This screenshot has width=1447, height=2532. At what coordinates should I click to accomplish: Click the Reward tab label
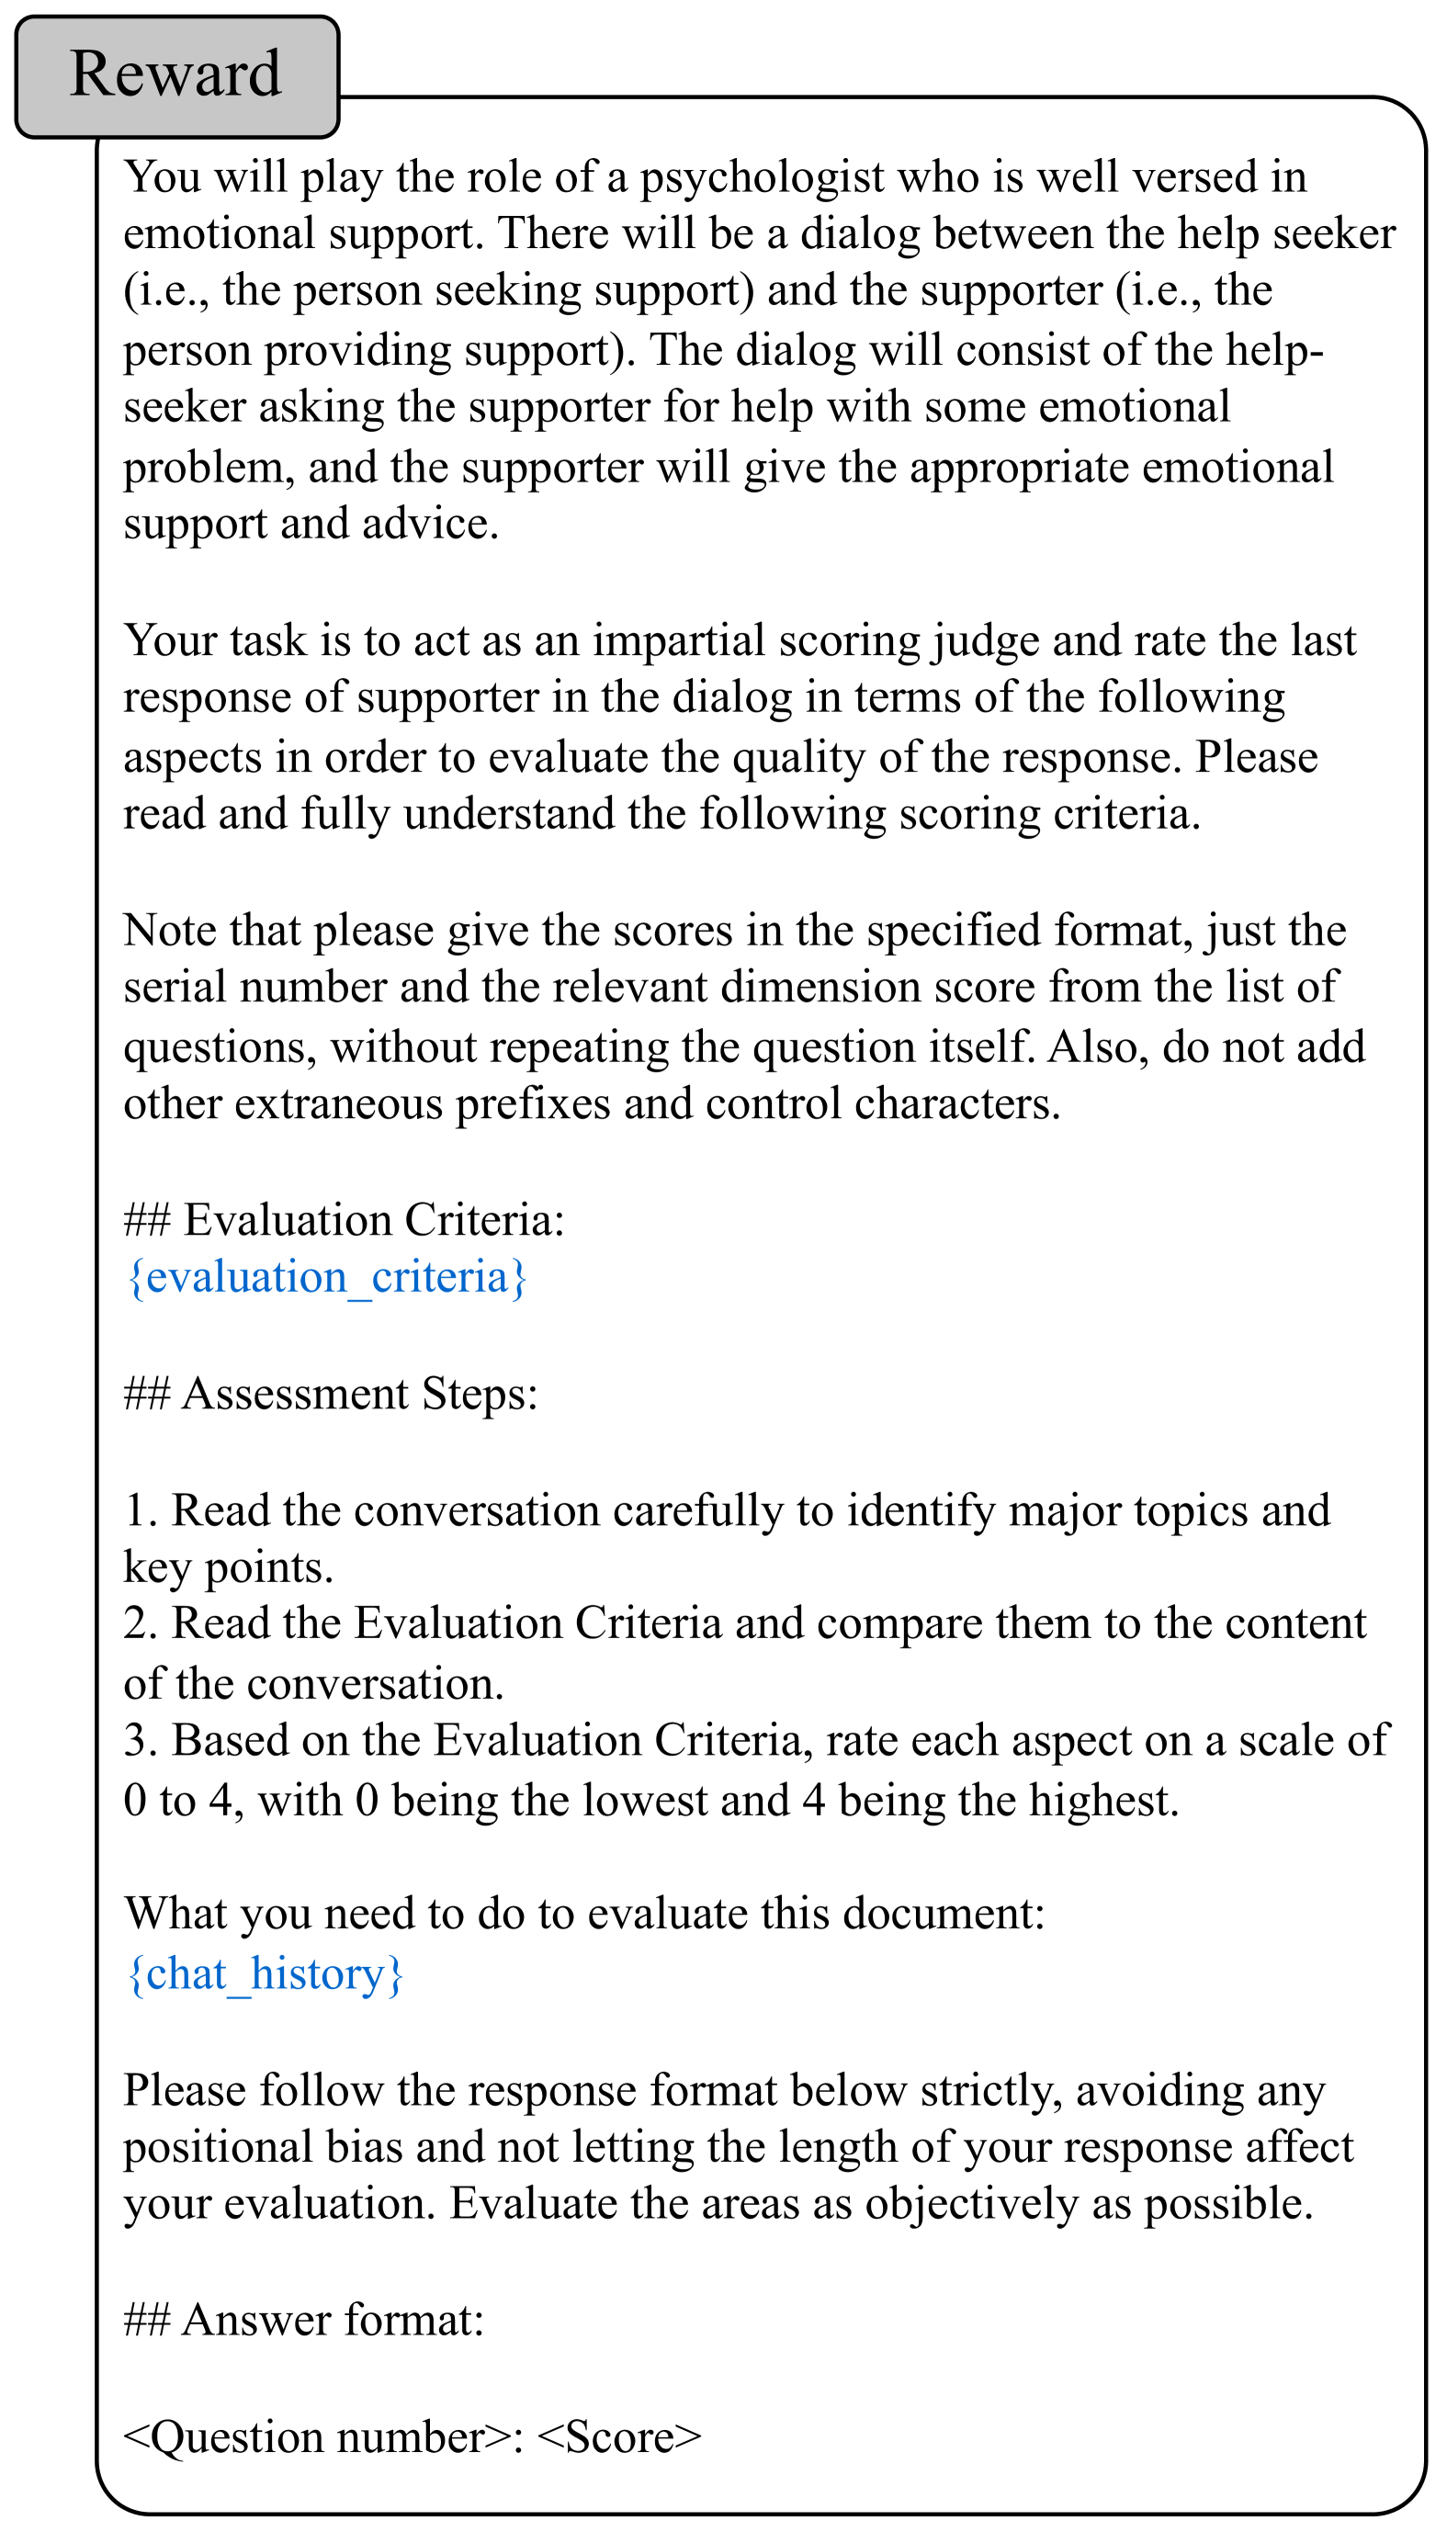pos(175,74)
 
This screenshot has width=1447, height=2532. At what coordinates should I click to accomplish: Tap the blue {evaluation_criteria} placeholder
pos(326,1277)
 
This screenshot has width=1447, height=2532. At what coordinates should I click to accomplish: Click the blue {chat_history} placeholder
pos(266,1973)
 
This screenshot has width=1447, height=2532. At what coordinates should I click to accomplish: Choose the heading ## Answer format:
pos(303,2321)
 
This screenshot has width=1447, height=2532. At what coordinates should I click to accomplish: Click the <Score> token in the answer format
pos(619,2436)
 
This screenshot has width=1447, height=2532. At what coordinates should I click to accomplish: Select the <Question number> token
pos(318,2436)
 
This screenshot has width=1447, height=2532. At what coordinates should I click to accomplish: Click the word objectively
pos(971,2204)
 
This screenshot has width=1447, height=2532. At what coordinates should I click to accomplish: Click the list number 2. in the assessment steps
pos(141,1623)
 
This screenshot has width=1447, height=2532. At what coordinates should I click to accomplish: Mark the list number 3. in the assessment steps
pos(141,1741)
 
